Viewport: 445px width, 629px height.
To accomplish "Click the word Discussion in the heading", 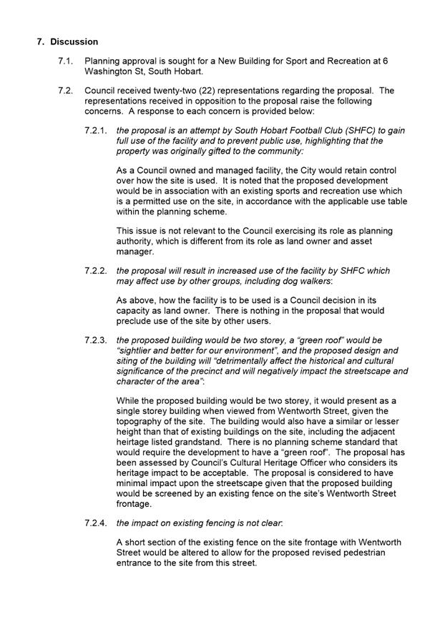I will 74,42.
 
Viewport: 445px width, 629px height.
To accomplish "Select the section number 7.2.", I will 66,91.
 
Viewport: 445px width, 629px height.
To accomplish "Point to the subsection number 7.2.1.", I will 96,131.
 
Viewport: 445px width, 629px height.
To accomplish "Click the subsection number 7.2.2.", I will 96,271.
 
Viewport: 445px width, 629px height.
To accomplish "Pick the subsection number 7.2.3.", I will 96,340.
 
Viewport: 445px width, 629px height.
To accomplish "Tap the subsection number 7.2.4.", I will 96,522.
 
